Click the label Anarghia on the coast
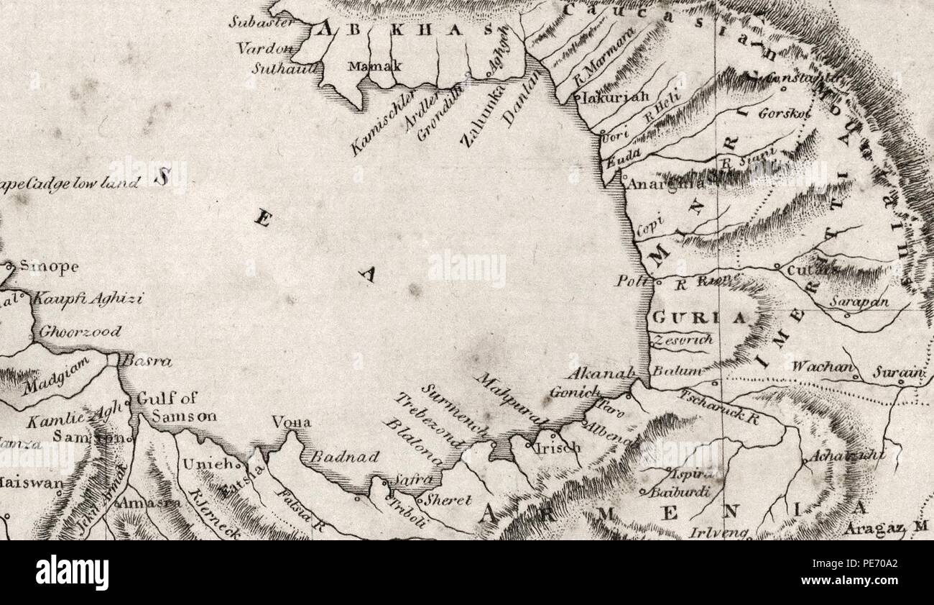pyautogui.click(x=665, y=184)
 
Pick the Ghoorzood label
pyautogui.click(x=79, y=332)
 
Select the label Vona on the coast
pyautogui.click(x=291, y=423)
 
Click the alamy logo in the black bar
pyautogui.click(x=72, y=572)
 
